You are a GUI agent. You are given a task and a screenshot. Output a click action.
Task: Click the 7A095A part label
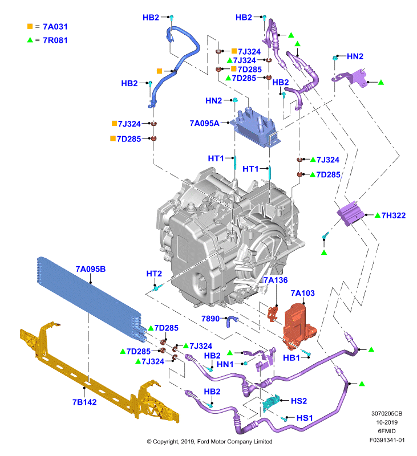pos(204,123)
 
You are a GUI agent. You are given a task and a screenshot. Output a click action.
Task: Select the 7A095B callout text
pos(91,269)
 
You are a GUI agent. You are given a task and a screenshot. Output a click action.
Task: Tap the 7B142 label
pos(84,402)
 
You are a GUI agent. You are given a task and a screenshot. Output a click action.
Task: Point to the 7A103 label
pos(303,293)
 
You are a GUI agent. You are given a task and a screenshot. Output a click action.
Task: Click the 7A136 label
pos(276,280)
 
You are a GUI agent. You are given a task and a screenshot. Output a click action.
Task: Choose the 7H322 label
pos(394,215)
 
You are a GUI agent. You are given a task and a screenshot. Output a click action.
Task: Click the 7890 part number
pos(210,319)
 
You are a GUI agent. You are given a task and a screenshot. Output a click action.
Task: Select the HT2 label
pos(154,274)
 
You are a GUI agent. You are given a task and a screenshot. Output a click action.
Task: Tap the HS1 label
pos(305,418)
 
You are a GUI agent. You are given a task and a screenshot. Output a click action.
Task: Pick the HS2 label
pos(299,401)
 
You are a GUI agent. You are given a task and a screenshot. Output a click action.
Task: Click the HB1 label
pos(292,358)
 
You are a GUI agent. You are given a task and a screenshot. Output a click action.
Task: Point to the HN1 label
pos(225,364)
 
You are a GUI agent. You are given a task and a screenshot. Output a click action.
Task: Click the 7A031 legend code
pos(55,27)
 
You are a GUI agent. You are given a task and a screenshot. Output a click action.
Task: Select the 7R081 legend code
pos(55,40)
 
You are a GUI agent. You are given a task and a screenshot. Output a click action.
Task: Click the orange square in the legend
pos(30,26)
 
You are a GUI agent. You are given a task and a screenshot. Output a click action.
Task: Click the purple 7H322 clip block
pos(350,214)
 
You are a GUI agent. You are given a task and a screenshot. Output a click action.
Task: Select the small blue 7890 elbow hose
pos(232,321)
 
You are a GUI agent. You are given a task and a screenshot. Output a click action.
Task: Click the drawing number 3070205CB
pos(387,414)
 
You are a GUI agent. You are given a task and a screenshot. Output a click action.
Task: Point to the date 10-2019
pos(387,422)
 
